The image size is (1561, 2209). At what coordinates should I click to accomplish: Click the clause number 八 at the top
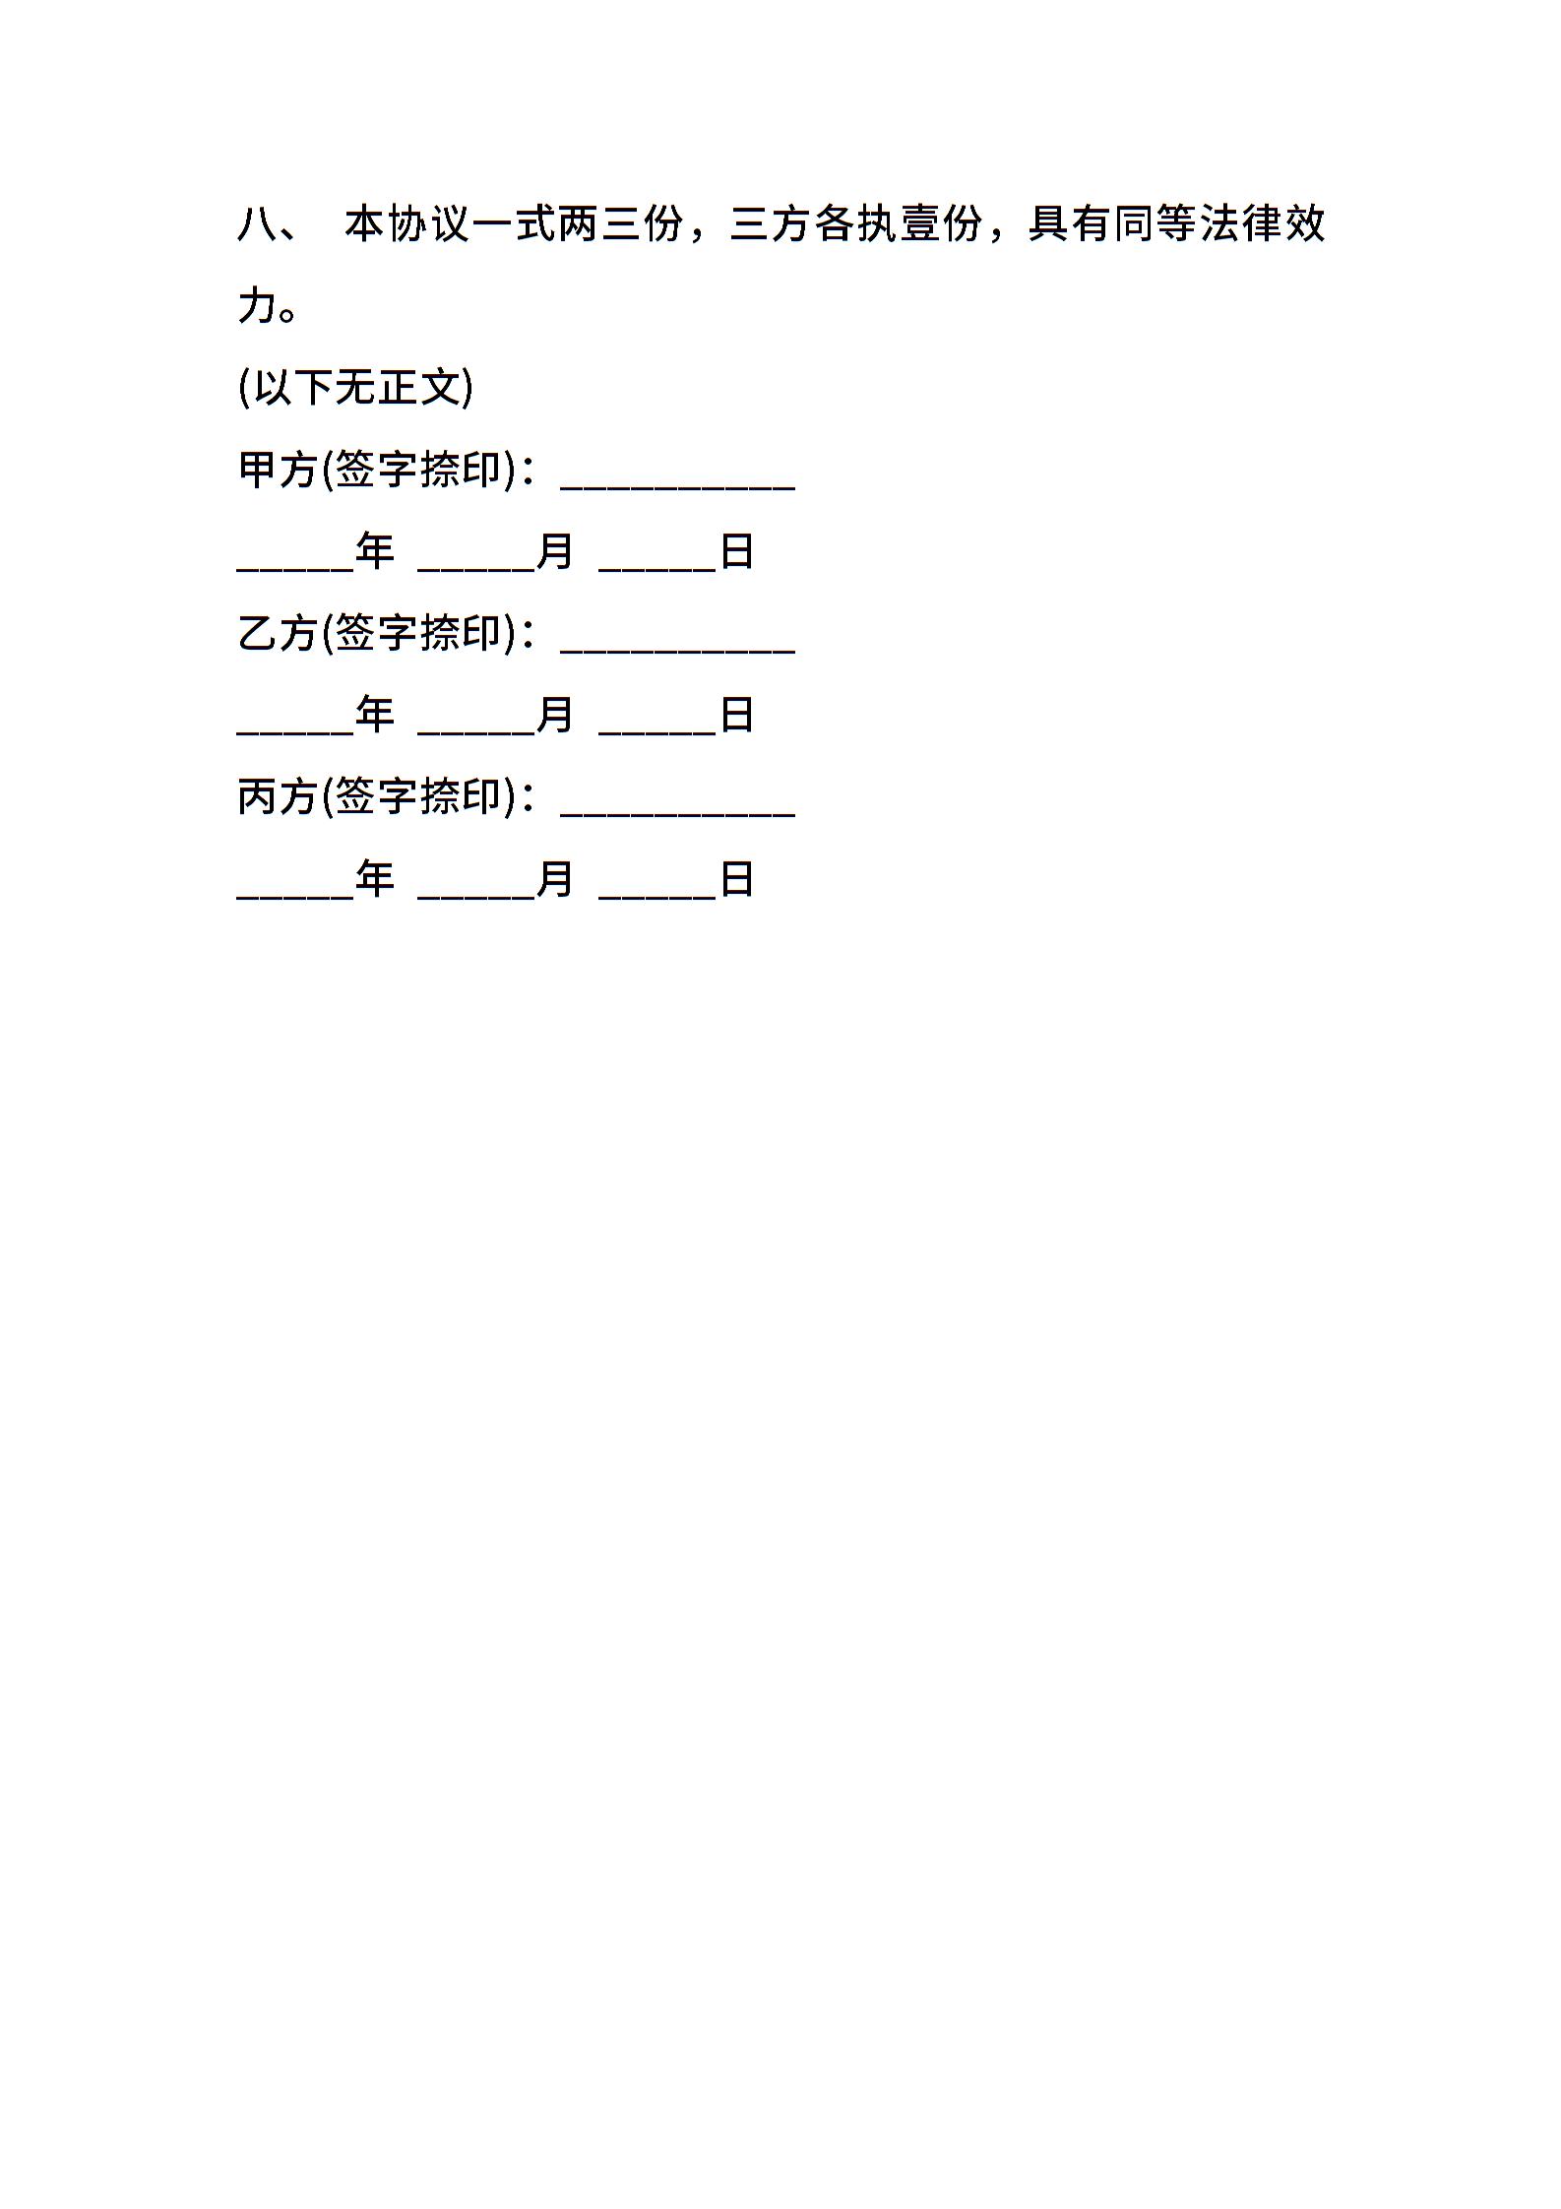(258, 225)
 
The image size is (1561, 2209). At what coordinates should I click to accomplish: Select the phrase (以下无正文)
(355, 388)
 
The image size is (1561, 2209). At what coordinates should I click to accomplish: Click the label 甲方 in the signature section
(279, 470)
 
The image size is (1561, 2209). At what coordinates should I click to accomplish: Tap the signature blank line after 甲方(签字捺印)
(677, 488)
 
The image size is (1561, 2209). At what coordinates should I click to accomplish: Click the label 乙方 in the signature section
(279, 633)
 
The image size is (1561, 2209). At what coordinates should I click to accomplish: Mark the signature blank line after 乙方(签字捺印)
(677, 652)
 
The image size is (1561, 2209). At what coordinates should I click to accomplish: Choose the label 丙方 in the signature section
(279, 796)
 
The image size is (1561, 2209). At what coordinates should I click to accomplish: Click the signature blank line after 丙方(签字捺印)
(677, 815)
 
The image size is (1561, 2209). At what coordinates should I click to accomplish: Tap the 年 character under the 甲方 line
(375, 551)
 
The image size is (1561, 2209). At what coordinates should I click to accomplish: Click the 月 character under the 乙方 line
(555, 715)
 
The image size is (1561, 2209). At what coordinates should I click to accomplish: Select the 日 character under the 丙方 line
(737, 878)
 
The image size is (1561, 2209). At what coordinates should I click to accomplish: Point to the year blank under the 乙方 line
(295, 733)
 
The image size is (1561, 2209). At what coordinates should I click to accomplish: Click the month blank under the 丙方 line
(476, 897)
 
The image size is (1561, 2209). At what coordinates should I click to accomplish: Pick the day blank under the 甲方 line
(657, 570)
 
